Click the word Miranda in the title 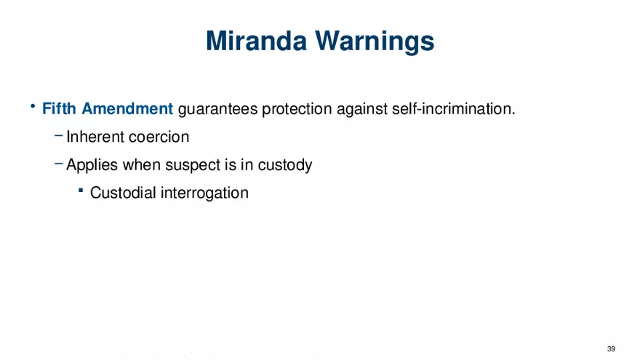click(x=256, y=41)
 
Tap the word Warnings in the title click(x=375, y=42)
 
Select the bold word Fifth click(x=59, y=108)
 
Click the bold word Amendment click(x=127, y=108)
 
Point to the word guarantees click(x=218, y=109)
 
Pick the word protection click(x=297, y=109)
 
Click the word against click(x=362, y=110)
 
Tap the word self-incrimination click(x=454, y=109)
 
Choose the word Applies click(x=92, y=165)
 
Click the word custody click(x=285, y=165)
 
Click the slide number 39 click(x=611, y=349)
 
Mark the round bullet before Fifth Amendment click(x=33, y=106)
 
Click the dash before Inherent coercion click(x=58, y=135)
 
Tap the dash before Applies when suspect click(x=58, y=164)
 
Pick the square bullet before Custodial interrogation click(x=81, y=190)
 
